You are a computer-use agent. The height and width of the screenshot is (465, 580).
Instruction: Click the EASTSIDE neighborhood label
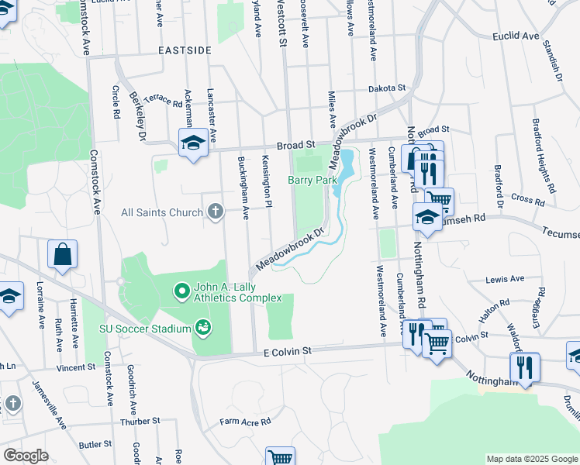(x=185, y=50)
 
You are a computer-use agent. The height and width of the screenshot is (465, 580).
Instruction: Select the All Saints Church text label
(x=163, y=212)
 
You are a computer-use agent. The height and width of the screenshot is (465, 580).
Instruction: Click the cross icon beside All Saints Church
(x=216, y=212)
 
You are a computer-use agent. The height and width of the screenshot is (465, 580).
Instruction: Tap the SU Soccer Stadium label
(x=145, y=329)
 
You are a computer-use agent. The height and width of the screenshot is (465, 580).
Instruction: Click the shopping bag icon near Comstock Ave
(x=62, y=255)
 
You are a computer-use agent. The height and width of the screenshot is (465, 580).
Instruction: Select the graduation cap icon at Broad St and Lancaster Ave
(x=193, y=143)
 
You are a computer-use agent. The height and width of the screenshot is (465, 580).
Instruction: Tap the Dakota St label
(x=387, y=88)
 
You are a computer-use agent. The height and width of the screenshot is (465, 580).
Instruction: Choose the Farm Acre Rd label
(x=244, y=422)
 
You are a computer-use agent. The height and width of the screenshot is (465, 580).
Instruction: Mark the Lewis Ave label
(x=505, y=279)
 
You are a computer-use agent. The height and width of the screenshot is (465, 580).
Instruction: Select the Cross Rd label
(x=527, y=199)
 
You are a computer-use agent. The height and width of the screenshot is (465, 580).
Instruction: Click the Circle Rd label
(x=116, y=102)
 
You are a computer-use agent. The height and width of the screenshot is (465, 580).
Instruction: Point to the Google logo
(x=26, y=455)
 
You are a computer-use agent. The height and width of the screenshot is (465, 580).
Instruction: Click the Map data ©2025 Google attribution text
(x=531, y=459)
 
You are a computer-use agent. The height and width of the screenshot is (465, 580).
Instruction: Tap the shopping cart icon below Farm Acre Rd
(x=280, y=456)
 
